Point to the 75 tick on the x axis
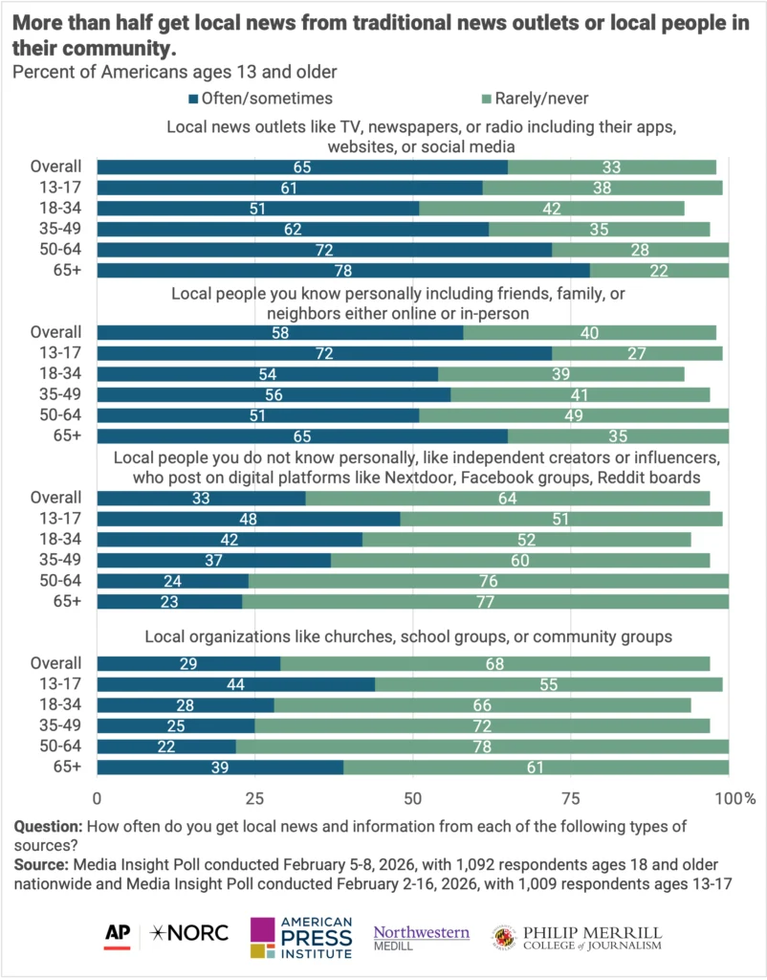570,795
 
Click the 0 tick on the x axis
98,795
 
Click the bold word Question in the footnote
43,826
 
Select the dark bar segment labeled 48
249,518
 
